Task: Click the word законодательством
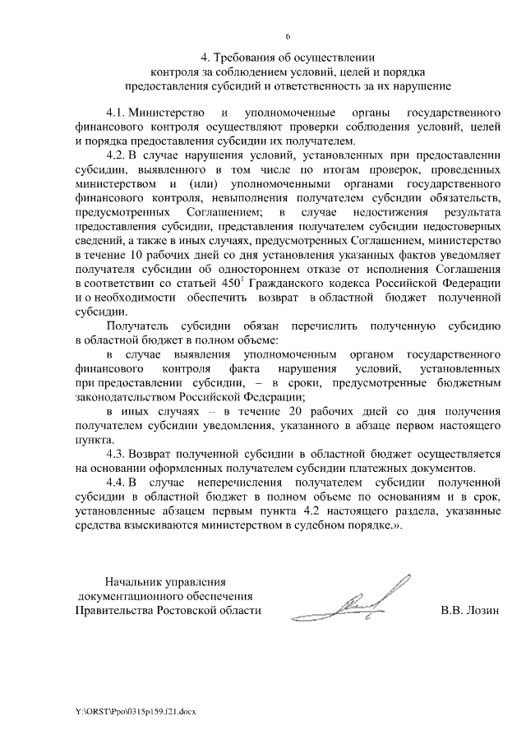pyautogui.click(x=125, y=395)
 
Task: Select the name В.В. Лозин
pyautogui.click(x=469, y=611)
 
